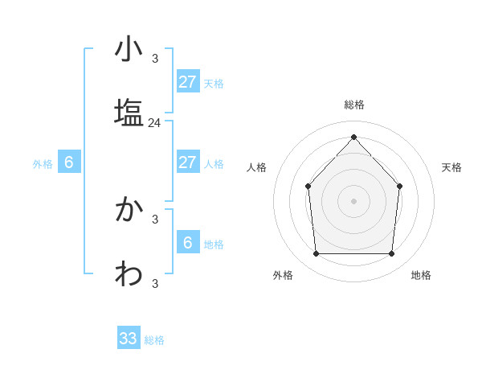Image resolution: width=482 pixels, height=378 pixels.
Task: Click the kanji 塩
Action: [x=129, y=112]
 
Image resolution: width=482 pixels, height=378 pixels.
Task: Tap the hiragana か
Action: [x=129, y=211]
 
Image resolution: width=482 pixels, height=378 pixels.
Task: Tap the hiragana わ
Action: [x=129, y=274]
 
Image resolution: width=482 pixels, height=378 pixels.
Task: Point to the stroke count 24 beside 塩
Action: [x=155, y=123]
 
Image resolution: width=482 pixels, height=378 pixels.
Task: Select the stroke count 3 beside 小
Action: [x=155, y=58]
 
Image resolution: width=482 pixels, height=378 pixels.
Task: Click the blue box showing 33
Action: [x=129, y=339]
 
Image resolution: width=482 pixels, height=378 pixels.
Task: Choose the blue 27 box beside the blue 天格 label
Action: [x=187, y=82]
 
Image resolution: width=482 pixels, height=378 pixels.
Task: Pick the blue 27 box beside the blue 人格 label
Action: [x=187, y=162]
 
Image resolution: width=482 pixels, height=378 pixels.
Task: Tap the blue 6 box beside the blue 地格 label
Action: [x=187, y=243]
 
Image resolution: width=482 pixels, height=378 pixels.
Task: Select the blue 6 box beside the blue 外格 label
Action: [x=69, y=162]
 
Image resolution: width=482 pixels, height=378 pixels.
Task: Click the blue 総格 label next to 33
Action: [x=155, y=340]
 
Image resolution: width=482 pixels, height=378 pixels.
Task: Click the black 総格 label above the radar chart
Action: [x=354, y=105]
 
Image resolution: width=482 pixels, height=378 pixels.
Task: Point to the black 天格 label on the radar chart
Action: [x=451, y=167]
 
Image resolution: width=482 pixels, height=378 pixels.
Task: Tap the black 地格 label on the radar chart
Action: [x=421, y=275]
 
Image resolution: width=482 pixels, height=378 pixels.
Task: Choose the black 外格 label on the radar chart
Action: [x=283, y=275]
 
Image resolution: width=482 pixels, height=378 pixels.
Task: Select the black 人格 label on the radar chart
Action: [x=257, y=167]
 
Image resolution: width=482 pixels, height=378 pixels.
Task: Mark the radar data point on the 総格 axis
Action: [x=353, y=137]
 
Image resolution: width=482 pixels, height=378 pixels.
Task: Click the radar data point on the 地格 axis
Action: [x=391, y=254]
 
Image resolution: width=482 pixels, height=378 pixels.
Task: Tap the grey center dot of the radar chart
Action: [x=353, y=200]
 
